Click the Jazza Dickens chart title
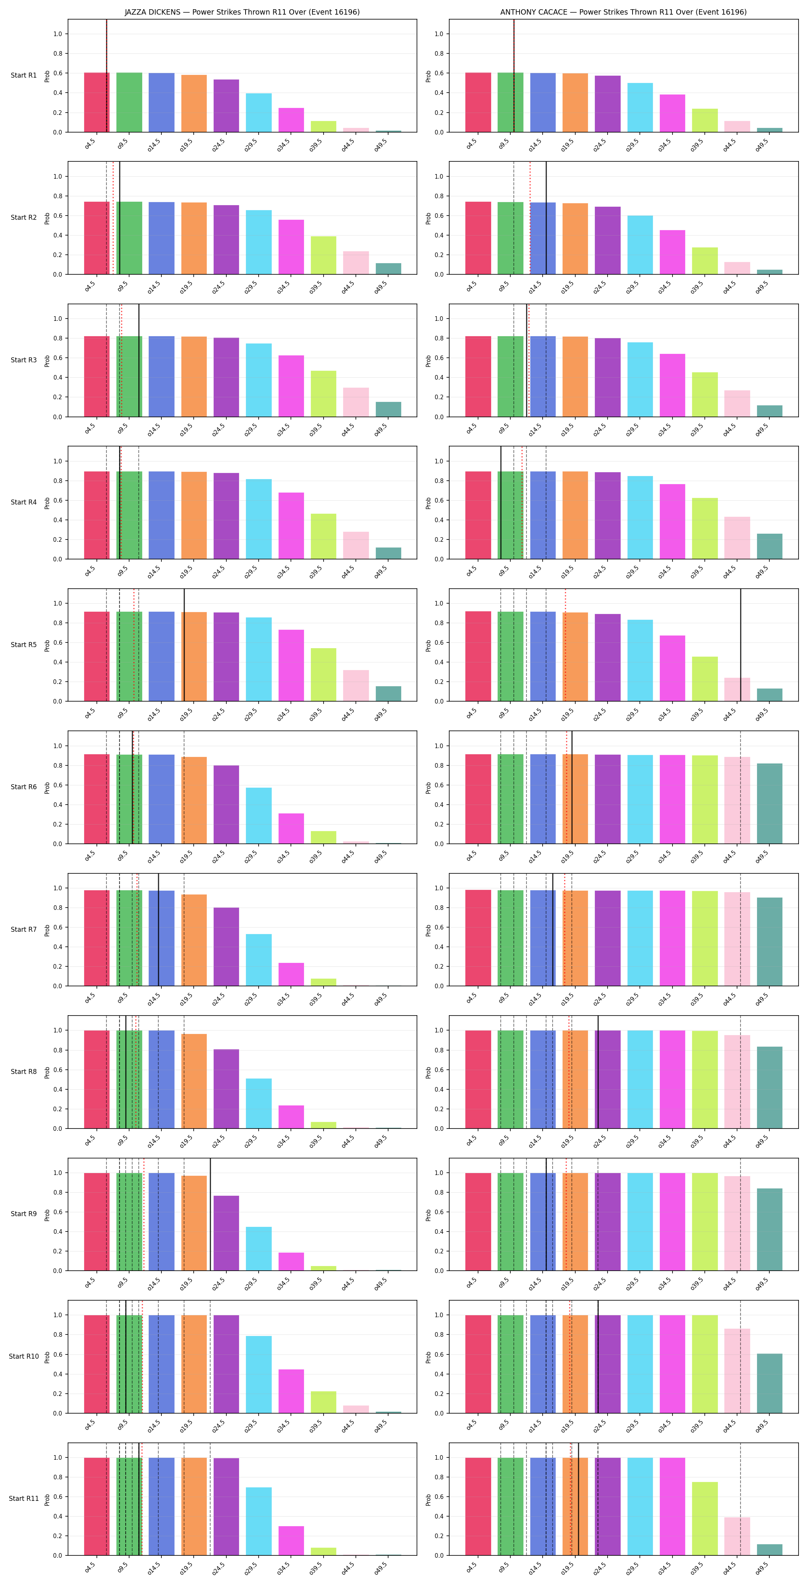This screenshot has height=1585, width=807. click(x=242, y=12)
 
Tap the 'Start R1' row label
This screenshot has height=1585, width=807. click(x=23, y=75)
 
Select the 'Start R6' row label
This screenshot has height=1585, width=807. click(x=23, y=787)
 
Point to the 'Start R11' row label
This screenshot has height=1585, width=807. click(x=23, y=1498)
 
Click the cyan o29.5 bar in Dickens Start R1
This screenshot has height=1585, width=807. click(x=259, y=113)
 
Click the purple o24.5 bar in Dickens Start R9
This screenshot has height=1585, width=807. click(x=226, y=1233)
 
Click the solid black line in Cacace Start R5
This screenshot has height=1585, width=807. click(x=741, y=645)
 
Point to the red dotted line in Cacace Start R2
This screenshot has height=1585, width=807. click(x=530, y=218)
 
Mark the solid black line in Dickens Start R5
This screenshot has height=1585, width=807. click(x=184, y=645)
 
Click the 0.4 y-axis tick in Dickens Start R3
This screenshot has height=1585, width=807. click(x=57, y=378)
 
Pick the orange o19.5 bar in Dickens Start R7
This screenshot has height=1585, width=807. click(x=194, y=940)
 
